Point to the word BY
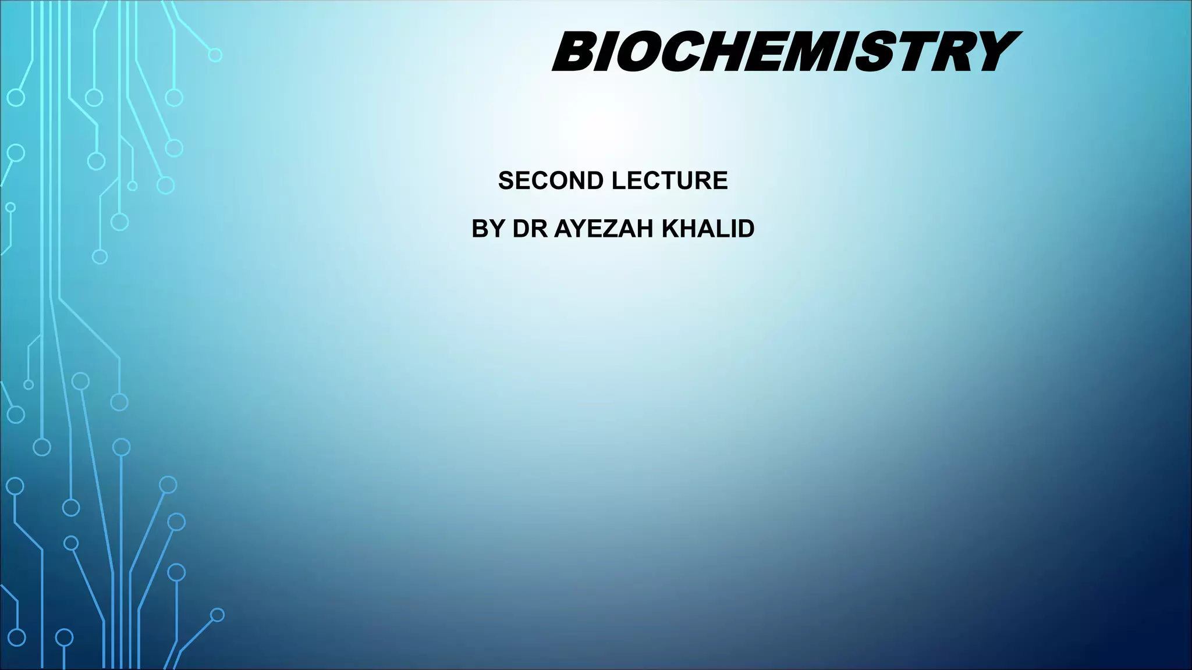[x=487, y=229]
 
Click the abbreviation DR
[x=530, y=229]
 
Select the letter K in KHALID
[x=671, y=229]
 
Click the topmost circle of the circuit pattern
[x=215, y=55]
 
